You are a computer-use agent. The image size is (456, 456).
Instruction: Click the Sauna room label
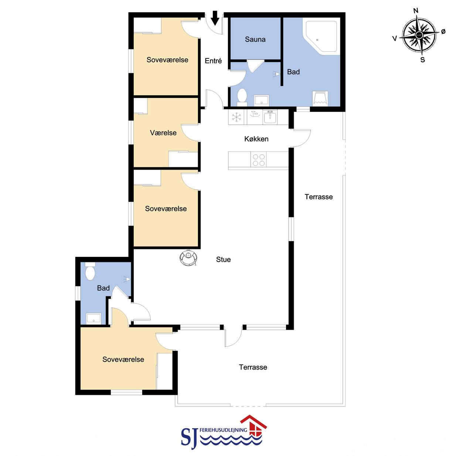point(255,39)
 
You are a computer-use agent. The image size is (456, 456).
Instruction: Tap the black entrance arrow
point(215,18)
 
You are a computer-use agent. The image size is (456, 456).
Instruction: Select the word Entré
point(213,61)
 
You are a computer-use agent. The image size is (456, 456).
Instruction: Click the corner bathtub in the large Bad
point(321,37)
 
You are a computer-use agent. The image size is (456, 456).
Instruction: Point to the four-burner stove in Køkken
point(258,160)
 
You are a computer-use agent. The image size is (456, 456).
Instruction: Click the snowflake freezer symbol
point(236,117)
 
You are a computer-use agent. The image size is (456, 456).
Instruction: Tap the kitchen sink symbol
point(270,117)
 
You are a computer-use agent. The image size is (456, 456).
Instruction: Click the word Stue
point(223,259)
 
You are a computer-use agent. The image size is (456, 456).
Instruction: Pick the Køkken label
point(256,139)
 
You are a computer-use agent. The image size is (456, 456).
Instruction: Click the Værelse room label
point(163,133)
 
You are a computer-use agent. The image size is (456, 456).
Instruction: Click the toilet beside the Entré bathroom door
point(242,97)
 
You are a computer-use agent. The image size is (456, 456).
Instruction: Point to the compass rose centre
point(419,35)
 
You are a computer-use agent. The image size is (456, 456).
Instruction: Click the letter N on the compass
point(415,11)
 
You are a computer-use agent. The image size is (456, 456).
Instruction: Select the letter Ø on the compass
point(443,31)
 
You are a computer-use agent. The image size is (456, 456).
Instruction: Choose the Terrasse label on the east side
point(319,197)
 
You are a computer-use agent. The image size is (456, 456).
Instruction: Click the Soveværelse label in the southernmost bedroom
point(123,359)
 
